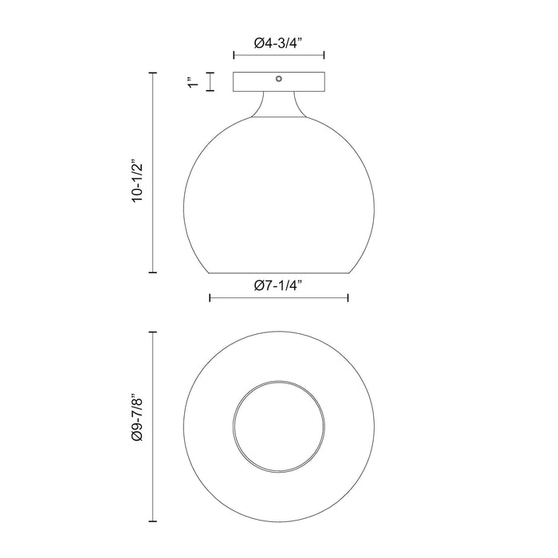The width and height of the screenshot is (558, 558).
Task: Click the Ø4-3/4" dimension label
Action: click(x=278, y=45)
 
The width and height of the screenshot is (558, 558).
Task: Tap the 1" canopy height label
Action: click(x=191, y=82)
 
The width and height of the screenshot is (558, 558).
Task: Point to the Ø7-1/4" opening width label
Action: click(x=278, y=285)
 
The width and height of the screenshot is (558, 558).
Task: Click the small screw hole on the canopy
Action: click(x=278, y=79)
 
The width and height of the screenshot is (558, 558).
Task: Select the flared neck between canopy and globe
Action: click(x=278, y=104)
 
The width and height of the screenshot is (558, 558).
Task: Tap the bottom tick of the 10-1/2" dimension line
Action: click(x=153, y=273)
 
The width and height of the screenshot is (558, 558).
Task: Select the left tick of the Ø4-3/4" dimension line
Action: click(x=234, y=56)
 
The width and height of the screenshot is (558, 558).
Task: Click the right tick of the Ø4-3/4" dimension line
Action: click(x=324, y=56)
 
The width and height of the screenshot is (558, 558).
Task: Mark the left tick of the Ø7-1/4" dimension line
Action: click(x=209, y=298)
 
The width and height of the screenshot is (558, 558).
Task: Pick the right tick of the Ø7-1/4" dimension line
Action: click(x=348, y=298)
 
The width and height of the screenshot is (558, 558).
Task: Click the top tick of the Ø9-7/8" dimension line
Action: click(x=153, y=331)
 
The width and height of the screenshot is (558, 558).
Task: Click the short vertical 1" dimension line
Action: click(x=210, y=82)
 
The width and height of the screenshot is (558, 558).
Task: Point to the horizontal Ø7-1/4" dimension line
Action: click(x=278, y=298)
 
